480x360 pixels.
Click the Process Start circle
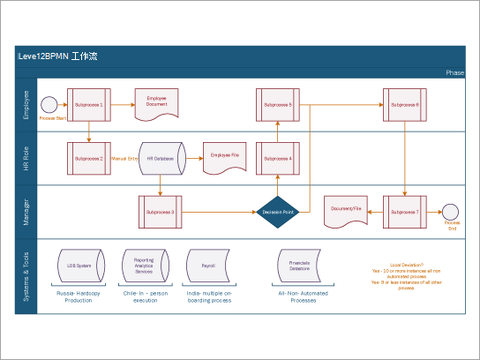[49, 105]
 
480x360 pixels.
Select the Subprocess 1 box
[89, 104]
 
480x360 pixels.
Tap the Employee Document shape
[156, 104]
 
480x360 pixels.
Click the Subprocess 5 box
[278, 104]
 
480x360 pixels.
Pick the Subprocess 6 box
[404, 104]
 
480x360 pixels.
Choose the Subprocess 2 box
[89, 158]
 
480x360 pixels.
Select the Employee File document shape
[225, 157]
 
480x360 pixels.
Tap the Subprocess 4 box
[278, 158]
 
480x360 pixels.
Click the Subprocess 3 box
[160, 211]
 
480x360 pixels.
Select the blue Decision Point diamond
[278, 212]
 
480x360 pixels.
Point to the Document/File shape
[346, 210]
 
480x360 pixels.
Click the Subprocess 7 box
[404, 211]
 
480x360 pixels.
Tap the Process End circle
[452, 211]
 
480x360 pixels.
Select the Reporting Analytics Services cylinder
[143, 264]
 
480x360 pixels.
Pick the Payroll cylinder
[208, 264]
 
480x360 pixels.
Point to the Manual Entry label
[125, 158]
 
